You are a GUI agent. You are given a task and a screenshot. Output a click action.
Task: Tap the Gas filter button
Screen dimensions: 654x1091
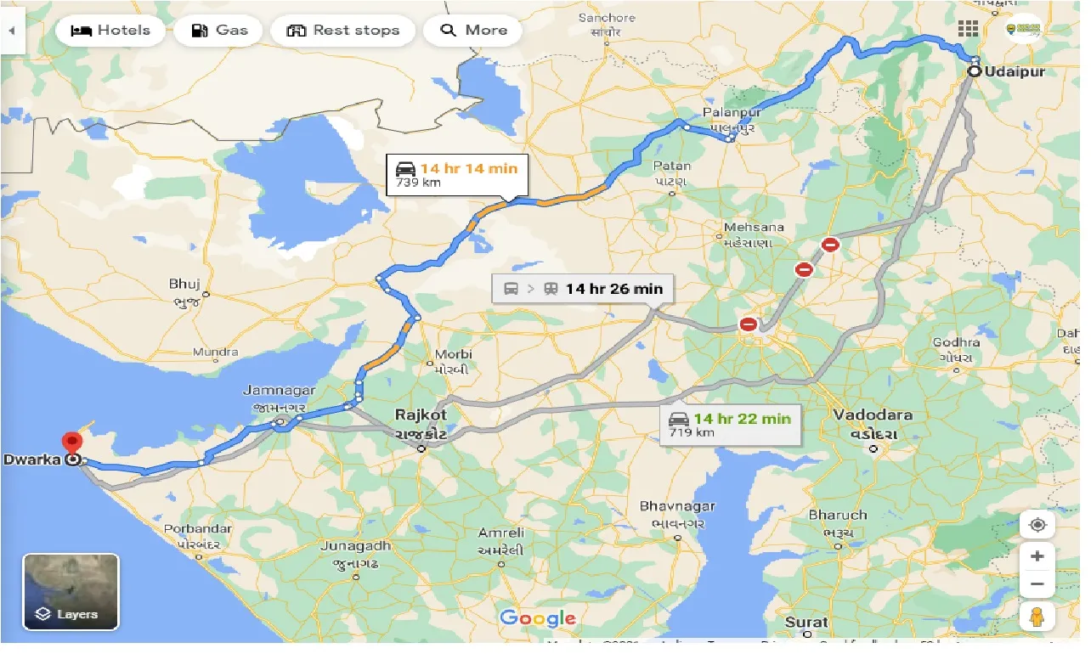219,31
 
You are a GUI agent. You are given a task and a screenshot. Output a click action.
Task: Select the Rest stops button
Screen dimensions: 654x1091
342,31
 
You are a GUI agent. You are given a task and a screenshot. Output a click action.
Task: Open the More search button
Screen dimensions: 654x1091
474,31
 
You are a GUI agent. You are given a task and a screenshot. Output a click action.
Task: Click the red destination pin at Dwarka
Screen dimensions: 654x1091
72,444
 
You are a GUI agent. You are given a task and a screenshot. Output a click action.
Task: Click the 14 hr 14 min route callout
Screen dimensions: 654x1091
457,174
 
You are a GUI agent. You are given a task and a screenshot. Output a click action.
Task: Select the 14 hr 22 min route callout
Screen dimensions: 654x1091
731,425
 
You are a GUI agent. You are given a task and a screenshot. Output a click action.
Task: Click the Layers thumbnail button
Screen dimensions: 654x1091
71,592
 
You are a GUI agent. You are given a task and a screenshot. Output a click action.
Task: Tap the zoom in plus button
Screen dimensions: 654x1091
1037,557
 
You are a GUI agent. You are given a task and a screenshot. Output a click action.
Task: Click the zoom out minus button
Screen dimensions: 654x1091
1037,584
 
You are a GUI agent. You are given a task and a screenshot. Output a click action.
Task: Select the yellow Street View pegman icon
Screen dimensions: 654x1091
1037,617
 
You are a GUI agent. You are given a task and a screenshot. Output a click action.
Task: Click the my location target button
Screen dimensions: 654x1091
1037,525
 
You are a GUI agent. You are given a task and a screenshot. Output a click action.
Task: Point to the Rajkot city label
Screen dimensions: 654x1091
421,415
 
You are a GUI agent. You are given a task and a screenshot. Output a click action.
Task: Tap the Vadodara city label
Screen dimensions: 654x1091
873,415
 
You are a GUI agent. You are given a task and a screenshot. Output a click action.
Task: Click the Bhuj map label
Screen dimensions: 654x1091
184,283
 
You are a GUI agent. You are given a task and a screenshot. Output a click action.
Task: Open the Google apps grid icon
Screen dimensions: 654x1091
968,29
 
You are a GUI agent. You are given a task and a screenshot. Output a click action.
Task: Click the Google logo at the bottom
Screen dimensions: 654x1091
537,618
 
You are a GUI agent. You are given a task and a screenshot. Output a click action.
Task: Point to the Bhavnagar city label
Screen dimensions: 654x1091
677,507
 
